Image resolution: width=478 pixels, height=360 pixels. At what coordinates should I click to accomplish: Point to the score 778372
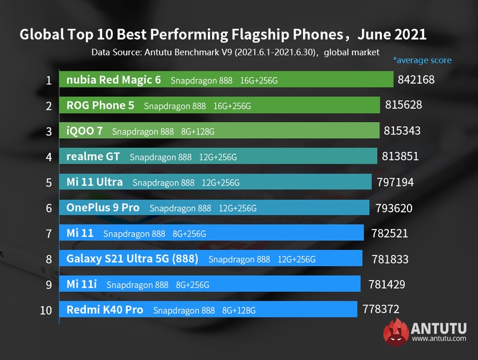(x=381, y=309)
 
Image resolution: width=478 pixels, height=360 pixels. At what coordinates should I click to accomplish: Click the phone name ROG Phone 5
(x=100, y=105)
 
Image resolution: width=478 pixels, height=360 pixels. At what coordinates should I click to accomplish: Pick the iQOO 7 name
(x=85, y=131)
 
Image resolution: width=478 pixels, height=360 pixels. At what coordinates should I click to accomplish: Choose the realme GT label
(x=93, y=157)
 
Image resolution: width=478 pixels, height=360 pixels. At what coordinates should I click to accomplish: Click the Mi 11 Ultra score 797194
(x=392, y=182)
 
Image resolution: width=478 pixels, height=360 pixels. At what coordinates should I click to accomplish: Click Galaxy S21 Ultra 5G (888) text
(x=133, y=258)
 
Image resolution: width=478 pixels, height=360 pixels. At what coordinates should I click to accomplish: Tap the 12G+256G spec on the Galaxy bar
(x=296, y=259)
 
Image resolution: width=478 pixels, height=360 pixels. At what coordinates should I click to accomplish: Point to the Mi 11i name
(x=82, y=284)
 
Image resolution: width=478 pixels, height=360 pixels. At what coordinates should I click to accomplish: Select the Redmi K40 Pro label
(x=105, y=310)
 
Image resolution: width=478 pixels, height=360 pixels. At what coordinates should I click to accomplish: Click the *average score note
(x=422, y=60)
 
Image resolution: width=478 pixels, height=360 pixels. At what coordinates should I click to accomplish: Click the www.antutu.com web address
(x=439, y=340)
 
